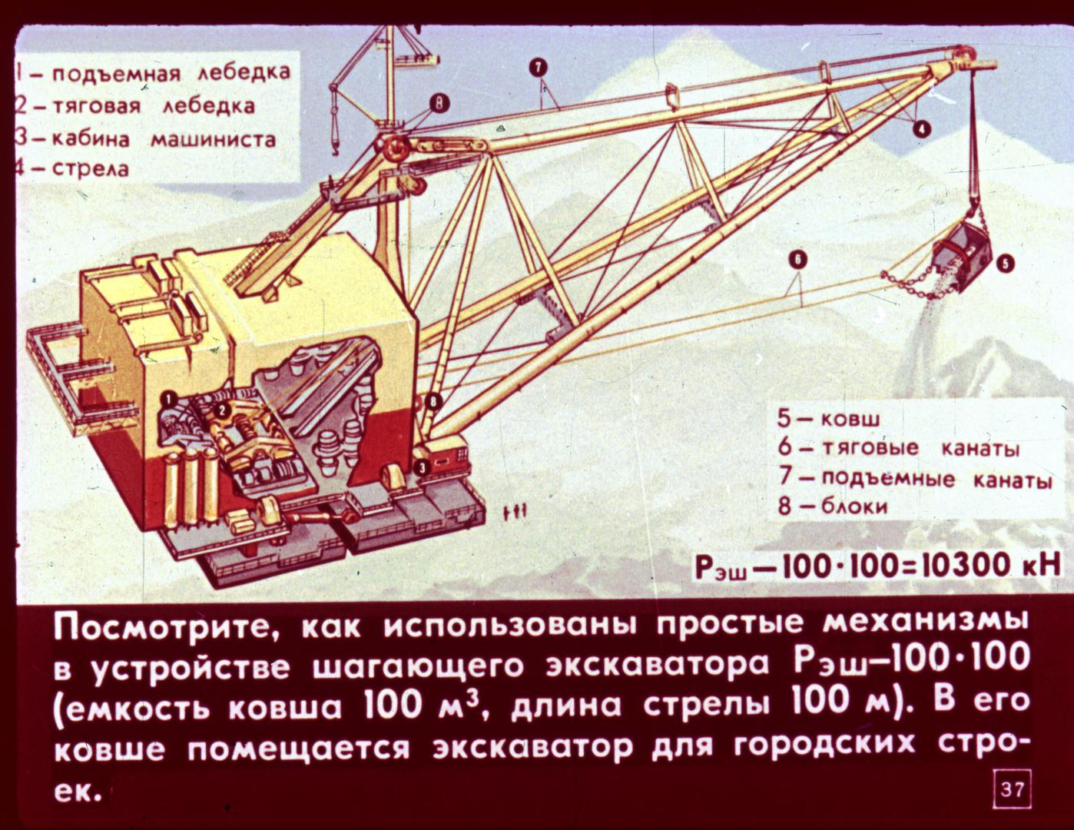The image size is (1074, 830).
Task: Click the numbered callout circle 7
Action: pos(539,67)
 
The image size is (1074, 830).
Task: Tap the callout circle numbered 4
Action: pos(923,130)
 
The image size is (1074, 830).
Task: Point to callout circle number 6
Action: pos(799,260)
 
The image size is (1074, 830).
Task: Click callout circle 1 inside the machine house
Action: pos(170,398)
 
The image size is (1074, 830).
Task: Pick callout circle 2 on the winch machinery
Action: pos(223,409)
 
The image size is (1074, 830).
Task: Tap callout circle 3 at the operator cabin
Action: pos(421,467)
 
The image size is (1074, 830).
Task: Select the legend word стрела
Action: pos(91,168)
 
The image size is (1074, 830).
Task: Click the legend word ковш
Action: pos(850,420)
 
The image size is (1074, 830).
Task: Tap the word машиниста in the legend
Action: pos(213,139)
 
